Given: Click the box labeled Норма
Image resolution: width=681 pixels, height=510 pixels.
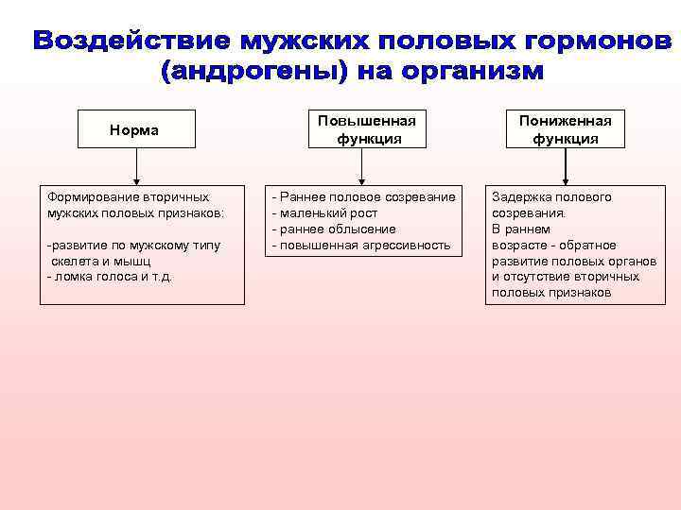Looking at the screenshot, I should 136,130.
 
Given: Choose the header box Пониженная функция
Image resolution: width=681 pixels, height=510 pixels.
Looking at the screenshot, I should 565,130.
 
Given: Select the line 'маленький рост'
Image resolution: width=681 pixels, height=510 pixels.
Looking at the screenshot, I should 321,213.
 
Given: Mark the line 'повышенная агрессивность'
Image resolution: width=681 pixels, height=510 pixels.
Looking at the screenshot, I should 363,246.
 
